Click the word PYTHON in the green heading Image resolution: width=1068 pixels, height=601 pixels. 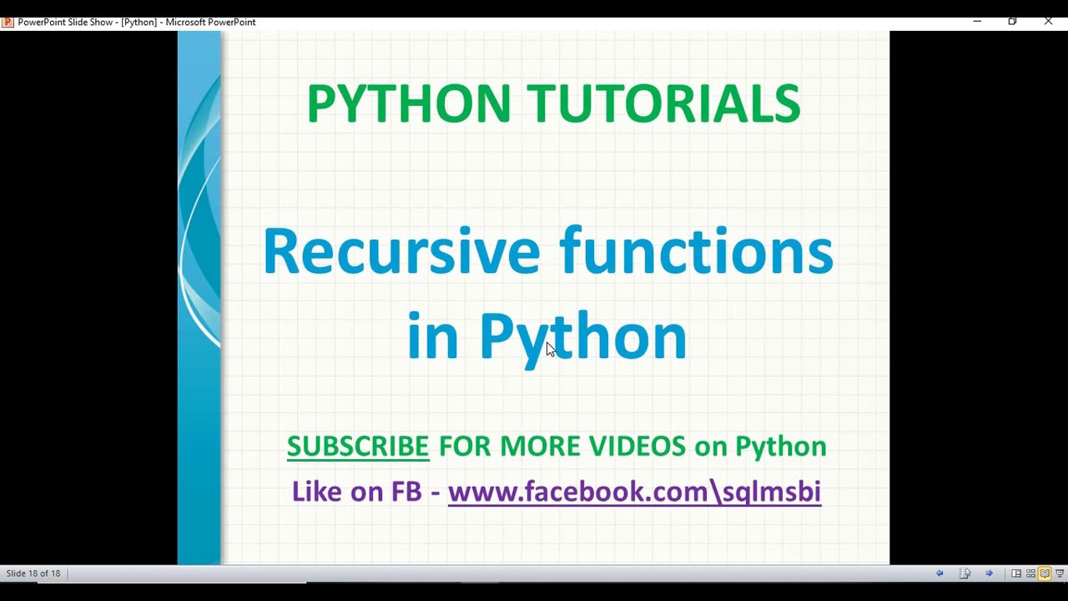(x=408, y=104)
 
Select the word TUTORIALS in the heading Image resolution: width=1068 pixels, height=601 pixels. (x=663, y=104)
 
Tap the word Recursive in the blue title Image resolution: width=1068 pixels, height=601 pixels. (x=401, y=251)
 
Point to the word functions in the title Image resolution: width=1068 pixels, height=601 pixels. (x=696, y=251)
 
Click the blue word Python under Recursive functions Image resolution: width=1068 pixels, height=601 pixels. (x=582, y=336)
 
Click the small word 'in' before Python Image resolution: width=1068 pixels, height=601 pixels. (x=432, y=336)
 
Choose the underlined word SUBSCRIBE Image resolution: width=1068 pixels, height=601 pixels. (x=357, y=447)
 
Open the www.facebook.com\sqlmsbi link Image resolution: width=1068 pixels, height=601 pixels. (x=634, y=492)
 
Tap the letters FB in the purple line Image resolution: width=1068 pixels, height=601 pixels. (x=406, y=492)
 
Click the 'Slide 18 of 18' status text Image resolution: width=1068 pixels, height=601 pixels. (x=33, y=573)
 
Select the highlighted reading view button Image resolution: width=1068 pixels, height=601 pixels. (x=1045, y=573)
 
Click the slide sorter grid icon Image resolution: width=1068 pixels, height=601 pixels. (x=1030, y=573)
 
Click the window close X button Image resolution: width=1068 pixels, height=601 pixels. (x=1048, y=22)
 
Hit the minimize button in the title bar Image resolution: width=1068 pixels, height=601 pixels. (x=977, y=22)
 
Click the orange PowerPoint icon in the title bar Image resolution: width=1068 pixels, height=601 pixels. (x=8, y=22)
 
